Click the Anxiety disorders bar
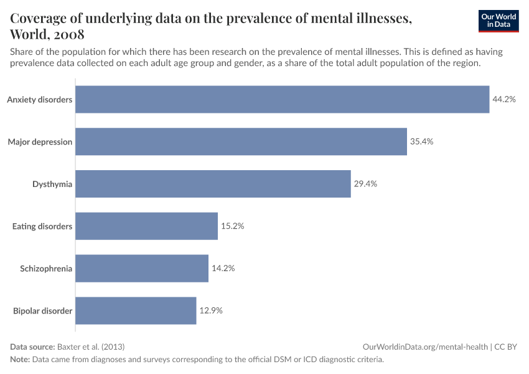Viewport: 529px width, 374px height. tap(282, 99)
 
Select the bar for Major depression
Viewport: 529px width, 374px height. tap(241, 141)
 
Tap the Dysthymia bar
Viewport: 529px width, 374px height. tap(213, 184)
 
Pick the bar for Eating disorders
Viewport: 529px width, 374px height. tap(146, 226)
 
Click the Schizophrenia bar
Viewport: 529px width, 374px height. tap(142, 269)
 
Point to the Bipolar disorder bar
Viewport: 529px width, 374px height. tap(136, 310)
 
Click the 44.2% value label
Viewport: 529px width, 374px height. tap(504, 99)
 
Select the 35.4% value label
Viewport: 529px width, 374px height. tap(421, 141)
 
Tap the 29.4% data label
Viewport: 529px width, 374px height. tap(365, 184)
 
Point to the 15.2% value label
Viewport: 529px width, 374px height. tap(232, 226)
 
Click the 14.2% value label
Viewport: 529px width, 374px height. tap(223, 269)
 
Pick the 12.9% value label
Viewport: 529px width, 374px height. tap(211, 310)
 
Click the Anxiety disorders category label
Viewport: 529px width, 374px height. tap(40, 99)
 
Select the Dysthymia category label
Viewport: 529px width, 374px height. tap(52, 184)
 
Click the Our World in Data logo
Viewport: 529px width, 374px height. tap(499, 21)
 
